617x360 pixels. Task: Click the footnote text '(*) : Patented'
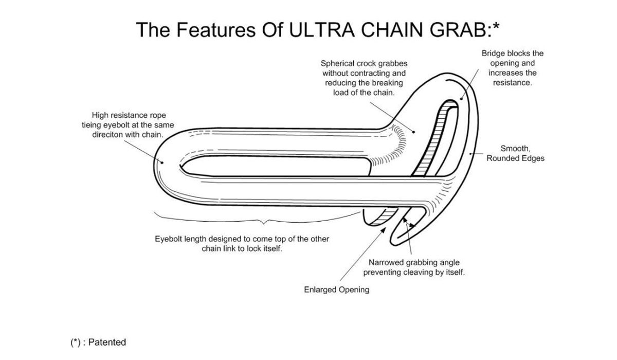click(98, 342)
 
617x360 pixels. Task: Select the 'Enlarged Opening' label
click(336, 290)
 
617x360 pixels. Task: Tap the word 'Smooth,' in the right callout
click(515, 149)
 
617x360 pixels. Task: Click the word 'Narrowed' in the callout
click(387, 262)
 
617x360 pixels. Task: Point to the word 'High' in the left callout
click(100, 115)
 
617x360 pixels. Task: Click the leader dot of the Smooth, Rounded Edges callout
click(470, 153)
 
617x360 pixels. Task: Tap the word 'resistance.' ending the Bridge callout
click(512, 82)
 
